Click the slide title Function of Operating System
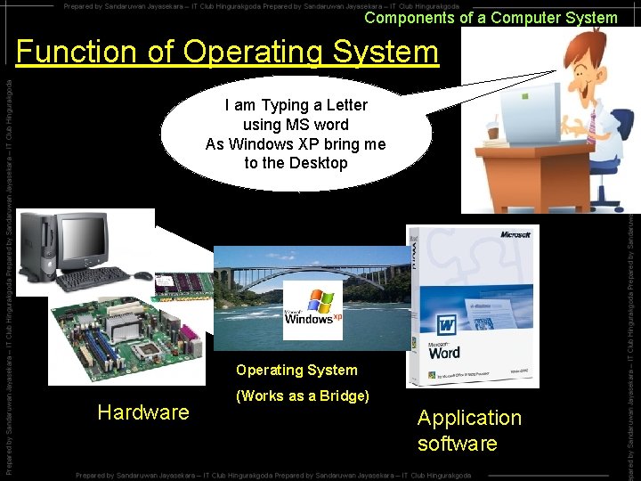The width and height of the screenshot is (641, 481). [x=227, y=52]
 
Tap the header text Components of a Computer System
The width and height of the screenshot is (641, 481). [x=491, y=18]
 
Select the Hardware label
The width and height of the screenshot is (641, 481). [x=143, y=412]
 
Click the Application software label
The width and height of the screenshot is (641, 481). [x=469, y=430]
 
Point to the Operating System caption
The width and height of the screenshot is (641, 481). [x=296, y=370]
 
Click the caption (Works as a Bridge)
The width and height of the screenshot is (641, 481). [x=302, y=396]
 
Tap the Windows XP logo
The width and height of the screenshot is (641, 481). [x=312, y=308]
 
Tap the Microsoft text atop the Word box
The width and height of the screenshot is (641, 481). [x=514, y=235]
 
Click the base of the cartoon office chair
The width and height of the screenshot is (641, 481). [x=606, y=197]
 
